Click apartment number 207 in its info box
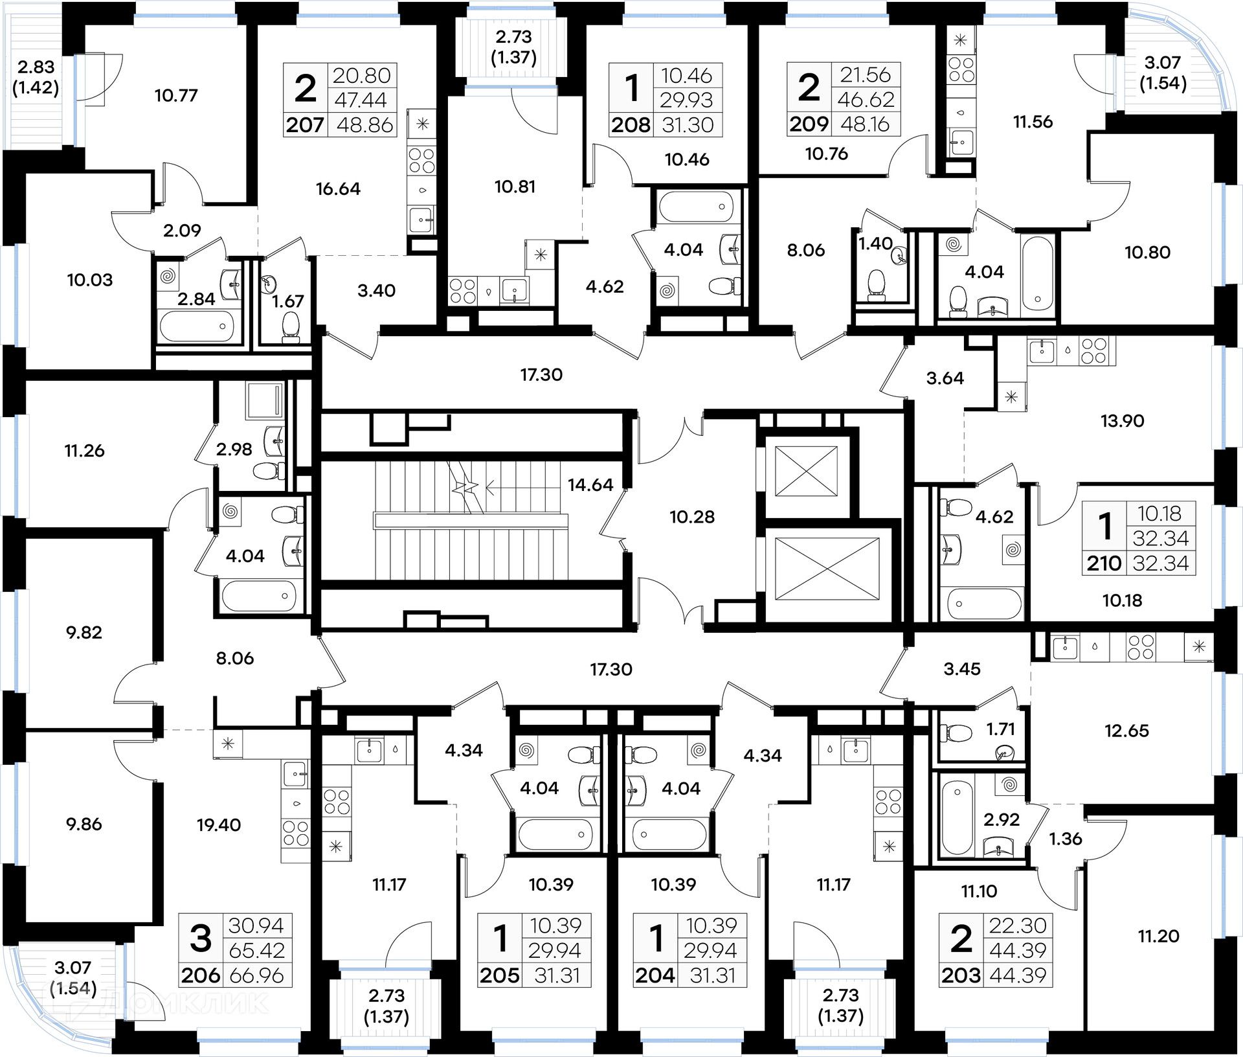[x=305, y=124]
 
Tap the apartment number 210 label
[x=1104, y=563]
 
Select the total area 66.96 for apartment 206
[x=257, y=975]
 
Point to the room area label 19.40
[x=219, y=824]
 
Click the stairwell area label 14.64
[x=590, y=484]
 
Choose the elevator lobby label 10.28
[x=692, y=517]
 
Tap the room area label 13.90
[x=1123, y=421]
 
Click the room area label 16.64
[x=338, y=188]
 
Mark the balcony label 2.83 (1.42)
[x=36, y=77]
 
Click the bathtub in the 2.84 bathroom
[x=197, y=326]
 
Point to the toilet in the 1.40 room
[x=876, y=285]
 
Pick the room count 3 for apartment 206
[x=201, y=938]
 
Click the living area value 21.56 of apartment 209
[x=866, y=75]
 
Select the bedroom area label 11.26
[x=84, y=451]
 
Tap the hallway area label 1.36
[x=1066, y=839]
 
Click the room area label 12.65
[x=1126, y=731]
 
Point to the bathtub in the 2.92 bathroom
[x=957, y=817]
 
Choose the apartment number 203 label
[x=961, y=975]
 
